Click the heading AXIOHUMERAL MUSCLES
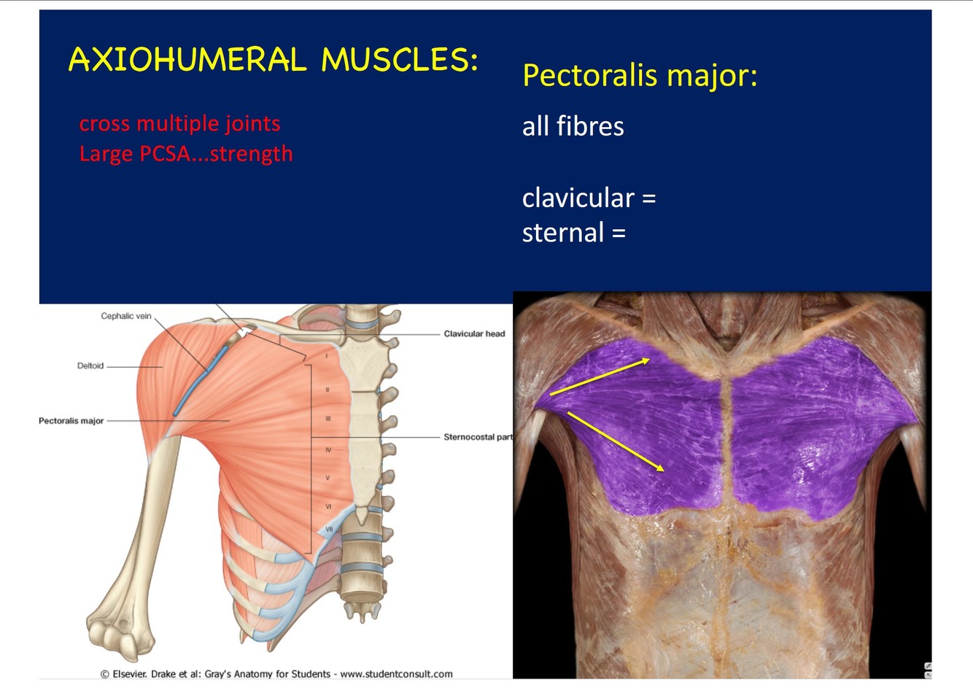coord(273,60)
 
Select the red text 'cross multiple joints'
coord(179,123)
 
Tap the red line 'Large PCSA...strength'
coord(186,154)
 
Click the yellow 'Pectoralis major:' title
coord(640,75)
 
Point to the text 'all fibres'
coord(573,126)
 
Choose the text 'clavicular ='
coord(589,198)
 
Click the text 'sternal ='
coord(573,233)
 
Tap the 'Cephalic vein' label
coord(126,316)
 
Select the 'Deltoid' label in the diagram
coord(90,366)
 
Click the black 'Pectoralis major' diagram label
coord(71,421)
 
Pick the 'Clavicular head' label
coord(474,333)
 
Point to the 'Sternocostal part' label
coord(478,437)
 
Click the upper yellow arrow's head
coord(646,359)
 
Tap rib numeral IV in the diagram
coord(328,450)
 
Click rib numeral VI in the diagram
coord(328,506)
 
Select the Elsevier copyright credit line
coord(276,674)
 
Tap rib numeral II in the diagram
coord(327,390)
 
